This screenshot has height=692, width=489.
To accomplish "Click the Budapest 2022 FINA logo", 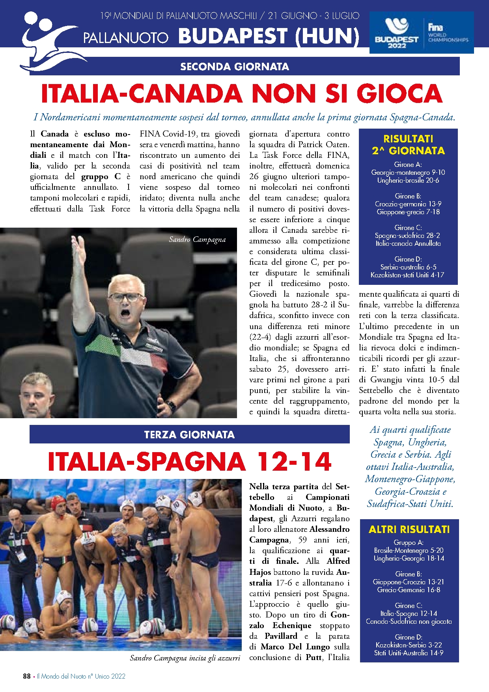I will [x=421, y=32].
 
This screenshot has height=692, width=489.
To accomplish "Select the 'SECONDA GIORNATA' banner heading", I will [x=235, y=67].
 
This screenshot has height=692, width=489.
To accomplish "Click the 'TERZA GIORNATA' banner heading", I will [x=189, y=435].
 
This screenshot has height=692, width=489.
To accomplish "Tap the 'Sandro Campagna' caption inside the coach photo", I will [x=197, y=239].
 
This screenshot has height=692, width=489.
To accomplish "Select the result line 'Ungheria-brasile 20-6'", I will [x=408, y=180].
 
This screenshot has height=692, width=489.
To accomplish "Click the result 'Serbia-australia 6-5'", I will [x=408, y=267].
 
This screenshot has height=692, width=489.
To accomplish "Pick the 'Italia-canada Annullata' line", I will [x=408, y=243].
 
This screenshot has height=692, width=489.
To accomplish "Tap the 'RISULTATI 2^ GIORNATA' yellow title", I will [x=408, y=145].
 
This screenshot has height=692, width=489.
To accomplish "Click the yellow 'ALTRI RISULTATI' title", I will [x=409, y=529].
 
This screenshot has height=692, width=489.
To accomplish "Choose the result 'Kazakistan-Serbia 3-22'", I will [x=409, y=645].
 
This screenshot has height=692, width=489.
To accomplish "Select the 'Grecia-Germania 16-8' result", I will [x=409, y=590].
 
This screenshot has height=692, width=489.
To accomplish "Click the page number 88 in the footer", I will [x=27, y=676].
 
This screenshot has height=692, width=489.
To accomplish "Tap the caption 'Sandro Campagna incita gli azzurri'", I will [x=185, y=658].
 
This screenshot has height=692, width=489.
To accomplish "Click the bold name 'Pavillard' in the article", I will [x=281, y=636].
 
